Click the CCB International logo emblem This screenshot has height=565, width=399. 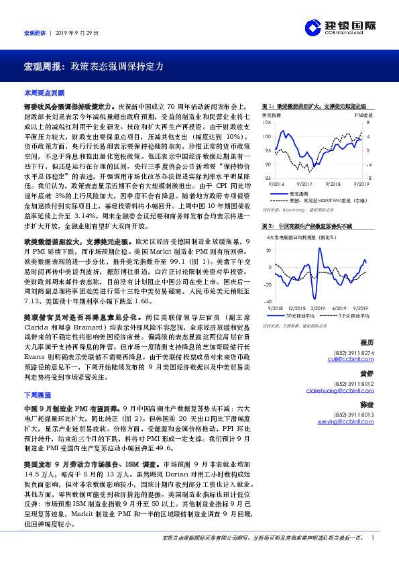312,26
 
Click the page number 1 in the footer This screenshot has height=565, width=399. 372,538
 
